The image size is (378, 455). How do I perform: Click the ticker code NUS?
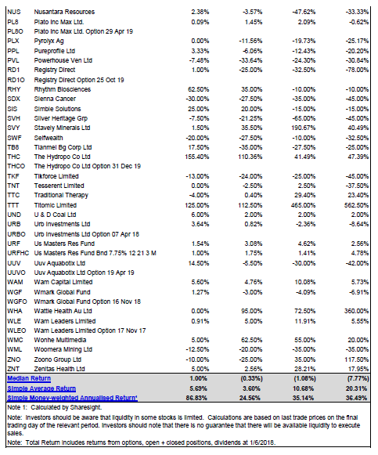pyautogui.click(x=13, y=12)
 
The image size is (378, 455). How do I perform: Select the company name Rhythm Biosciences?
pyautogui.click(x=63, y=89)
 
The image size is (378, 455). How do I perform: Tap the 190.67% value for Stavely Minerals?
pyautogui.click(x=303, y=128)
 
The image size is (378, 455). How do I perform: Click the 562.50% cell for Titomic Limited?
pyautogui.click(x=356, y=205)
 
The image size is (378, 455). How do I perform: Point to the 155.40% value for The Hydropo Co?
pyautogui.click(x=197, y=157)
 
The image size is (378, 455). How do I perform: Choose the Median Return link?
pyautogui.click(x=29, y=379)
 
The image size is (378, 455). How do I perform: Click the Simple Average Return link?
pyautogui.click(x=41, y=388)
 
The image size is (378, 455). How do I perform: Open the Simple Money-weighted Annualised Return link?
pyautogui.click(x=72, y=398)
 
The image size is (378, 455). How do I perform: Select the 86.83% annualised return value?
pyautogui.click(x=196, y=398)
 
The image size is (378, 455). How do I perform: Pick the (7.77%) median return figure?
pyautogui.click(x=358, y=379)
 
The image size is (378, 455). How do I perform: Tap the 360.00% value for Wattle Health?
pyautogui.click(x=356, y=311)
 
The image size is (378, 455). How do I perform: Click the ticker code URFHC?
pyautogui.click(x=18, y=253)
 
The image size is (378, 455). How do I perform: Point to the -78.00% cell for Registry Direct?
pyautogui.click(x=357, y=70)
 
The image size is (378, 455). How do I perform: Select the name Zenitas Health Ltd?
pyautogui.click(x=59, y=369)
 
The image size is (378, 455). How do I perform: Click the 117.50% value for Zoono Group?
pyautogui.click(x=356, y=359)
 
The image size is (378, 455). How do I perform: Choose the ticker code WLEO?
pyautogui.click(x=16, y=330)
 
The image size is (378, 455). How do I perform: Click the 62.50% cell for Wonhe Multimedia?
pyautogui.click(x=252, y=340)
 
